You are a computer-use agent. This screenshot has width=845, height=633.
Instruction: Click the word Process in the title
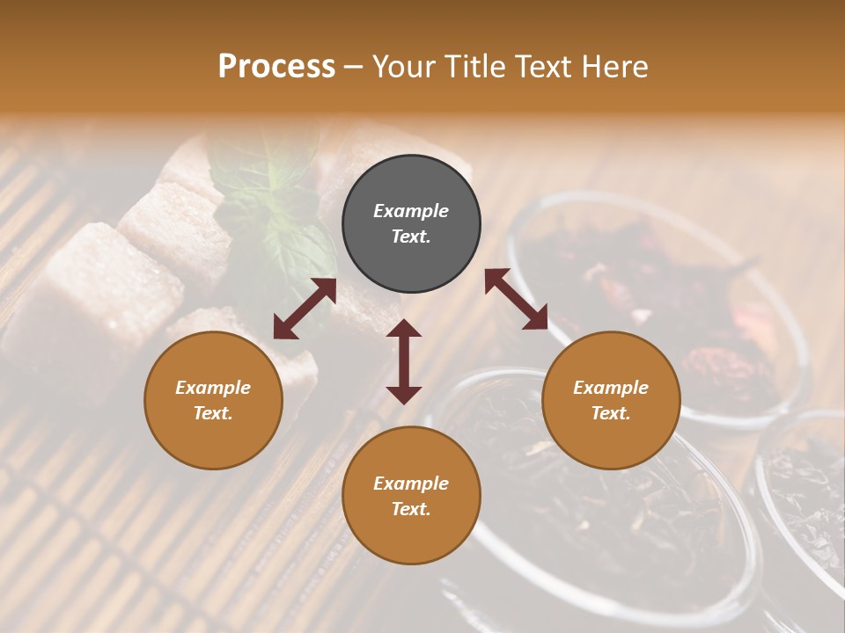[x=276, y=67]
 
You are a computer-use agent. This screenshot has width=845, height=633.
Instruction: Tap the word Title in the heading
[x=475, y=67]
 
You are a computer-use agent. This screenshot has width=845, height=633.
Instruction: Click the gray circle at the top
[x=411, y=224]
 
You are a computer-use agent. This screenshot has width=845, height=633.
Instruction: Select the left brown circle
[x=213, y=400]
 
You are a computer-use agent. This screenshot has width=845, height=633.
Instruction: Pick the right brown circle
[x=611, y=400]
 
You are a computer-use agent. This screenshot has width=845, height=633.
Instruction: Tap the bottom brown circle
[x=411, y=496]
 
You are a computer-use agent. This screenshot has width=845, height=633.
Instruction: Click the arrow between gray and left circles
[x=305, y=309]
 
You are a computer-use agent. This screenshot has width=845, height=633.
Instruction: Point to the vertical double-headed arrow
[x=404, y=361]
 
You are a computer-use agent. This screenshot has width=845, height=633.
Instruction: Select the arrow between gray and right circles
[x=517, y=299]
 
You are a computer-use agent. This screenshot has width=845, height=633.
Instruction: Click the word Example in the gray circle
[x=411, y=211]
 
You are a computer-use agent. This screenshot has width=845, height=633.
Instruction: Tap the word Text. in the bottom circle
[x=411, y=509]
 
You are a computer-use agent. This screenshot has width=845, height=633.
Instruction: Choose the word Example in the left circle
[x=213, y=388]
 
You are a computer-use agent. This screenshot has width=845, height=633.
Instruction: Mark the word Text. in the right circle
[x=611, y=413]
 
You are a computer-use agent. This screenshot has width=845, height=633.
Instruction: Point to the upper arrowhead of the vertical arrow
[x=404, y=329]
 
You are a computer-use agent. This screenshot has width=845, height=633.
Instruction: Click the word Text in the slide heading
[x=545, y=67]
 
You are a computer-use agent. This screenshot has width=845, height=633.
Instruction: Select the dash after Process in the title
[x=354, y=67]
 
